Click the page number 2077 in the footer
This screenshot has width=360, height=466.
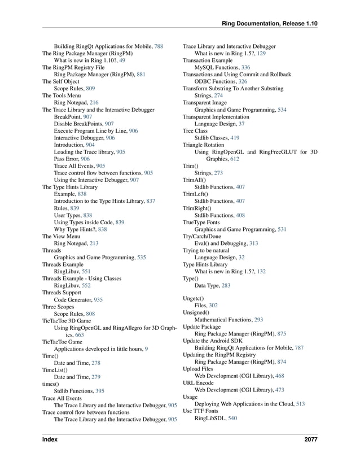coord(310,439)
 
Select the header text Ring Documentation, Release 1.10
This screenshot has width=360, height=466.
coord(270,23)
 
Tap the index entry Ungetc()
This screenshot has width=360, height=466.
coord(194,298)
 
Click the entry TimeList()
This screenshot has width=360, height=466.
coord(55,370)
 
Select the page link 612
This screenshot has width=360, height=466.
coord(234,159)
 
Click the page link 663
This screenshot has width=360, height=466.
coord(80,334)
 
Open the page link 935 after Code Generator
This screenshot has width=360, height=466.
coord(98,299)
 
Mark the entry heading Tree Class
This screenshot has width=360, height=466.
coord(195,130)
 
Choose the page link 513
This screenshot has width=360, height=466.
coord(300,404)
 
